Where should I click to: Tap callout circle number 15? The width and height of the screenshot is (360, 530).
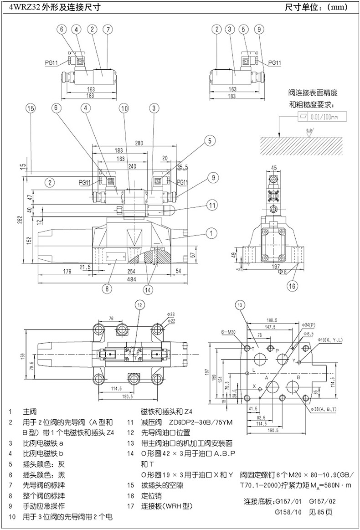pyautogui.click(x=30, y=108)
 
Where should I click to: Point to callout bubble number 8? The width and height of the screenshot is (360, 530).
pyautogui.click(x=107, y=288)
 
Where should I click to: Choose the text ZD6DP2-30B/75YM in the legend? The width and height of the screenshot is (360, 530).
pyautogui.click(x=201, y=422)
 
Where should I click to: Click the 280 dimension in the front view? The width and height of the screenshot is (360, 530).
pyautogui.click(x=139, y=143)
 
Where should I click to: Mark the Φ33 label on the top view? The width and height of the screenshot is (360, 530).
pyautogui.click(x=171, y=314)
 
